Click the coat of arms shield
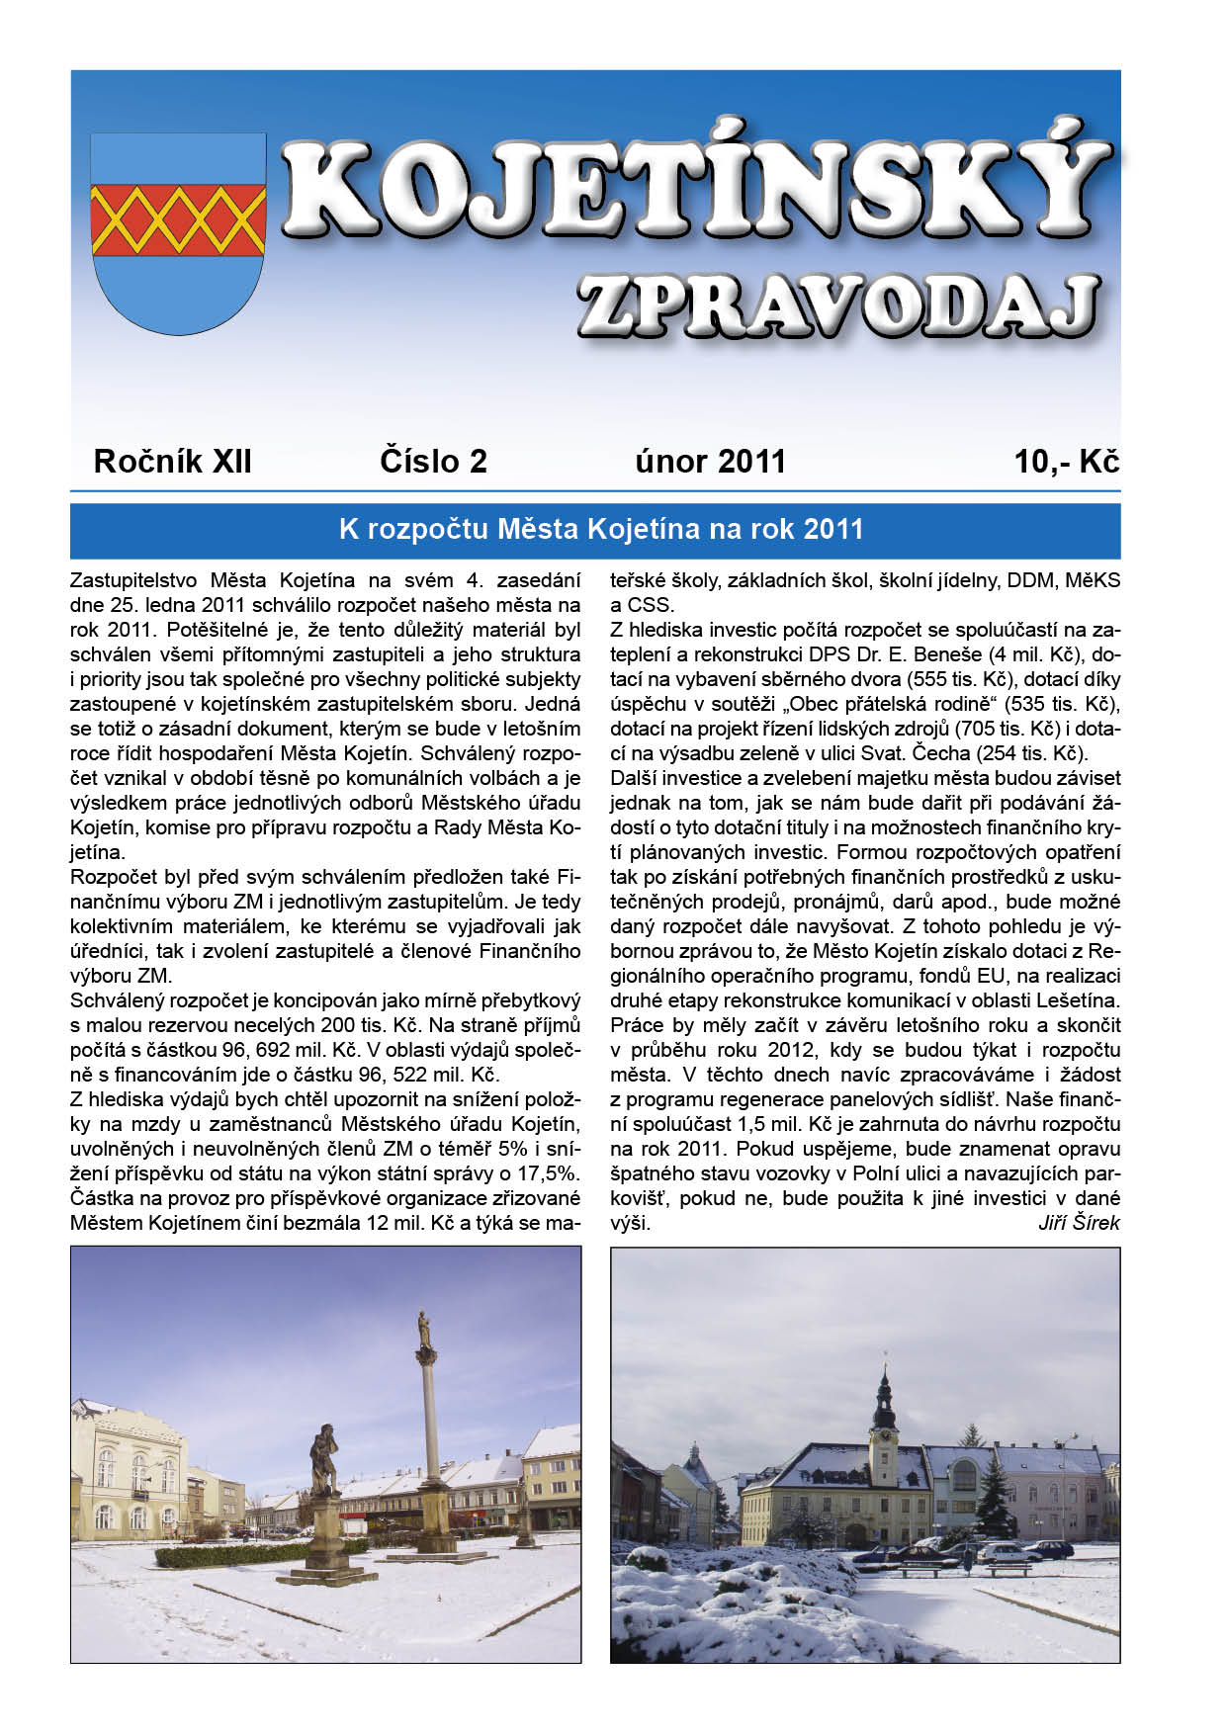point(178,232)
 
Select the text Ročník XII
point(173,462)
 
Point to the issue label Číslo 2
point(433,462)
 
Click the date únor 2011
point(710,462)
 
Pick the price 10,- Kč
point(1066,462)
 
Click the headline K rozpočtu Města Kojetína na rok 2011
point(601,530)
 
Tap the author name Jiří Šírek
point(1079,1224)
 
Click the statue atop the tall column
point(425,1330)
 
